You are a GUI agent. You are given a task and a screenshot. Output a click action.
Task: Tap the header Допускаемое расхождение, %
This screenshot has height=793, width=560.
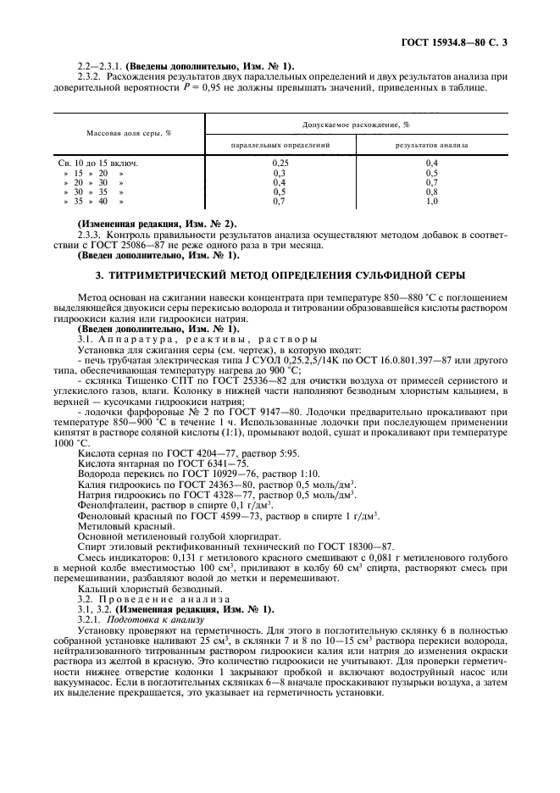tap(356, 125)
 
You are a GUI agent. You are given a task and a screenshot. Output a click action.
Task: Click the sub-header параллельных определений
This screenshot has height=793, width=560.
tap(280, 146)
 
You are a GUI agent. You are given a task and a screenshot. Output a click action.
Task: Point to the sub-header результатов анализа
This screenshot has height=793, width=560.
tap(431, 146)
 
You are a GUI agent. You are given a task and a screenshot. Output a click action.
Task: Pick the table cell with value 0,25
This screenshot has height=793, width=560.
tap(280, 161)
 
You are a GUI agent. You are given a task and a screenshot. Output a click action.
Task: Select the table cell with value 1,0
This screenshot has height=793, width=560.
tap(431, 202)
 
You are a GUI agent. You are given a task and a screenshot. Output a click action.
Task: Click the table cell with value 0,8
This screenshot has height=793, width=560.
tap(431, 191)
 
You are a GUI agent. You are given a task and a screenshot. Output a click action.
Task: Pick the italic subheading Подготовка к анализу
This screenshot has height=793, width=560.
tap(149, 620)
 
